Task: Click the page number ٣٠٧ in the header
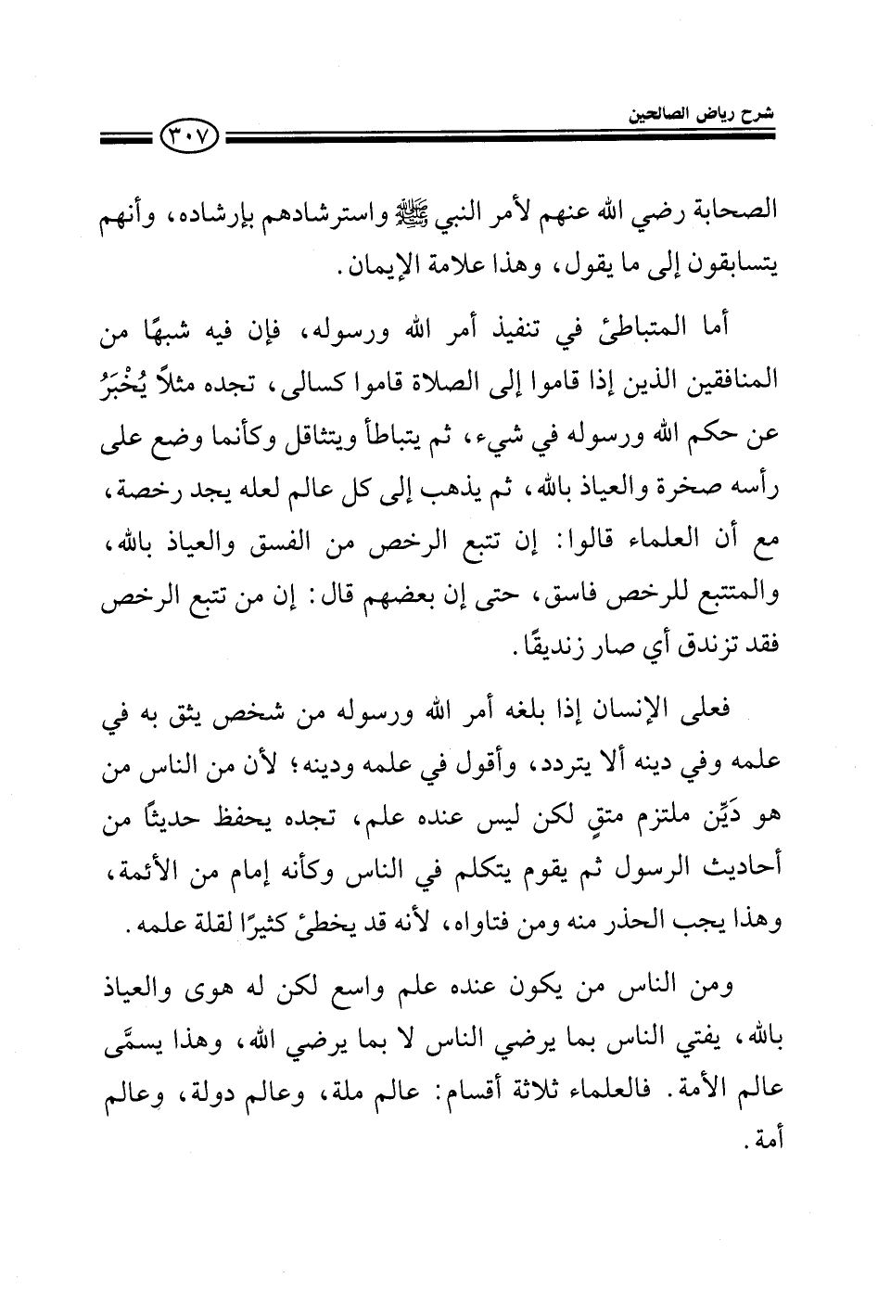coord(189,140)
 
